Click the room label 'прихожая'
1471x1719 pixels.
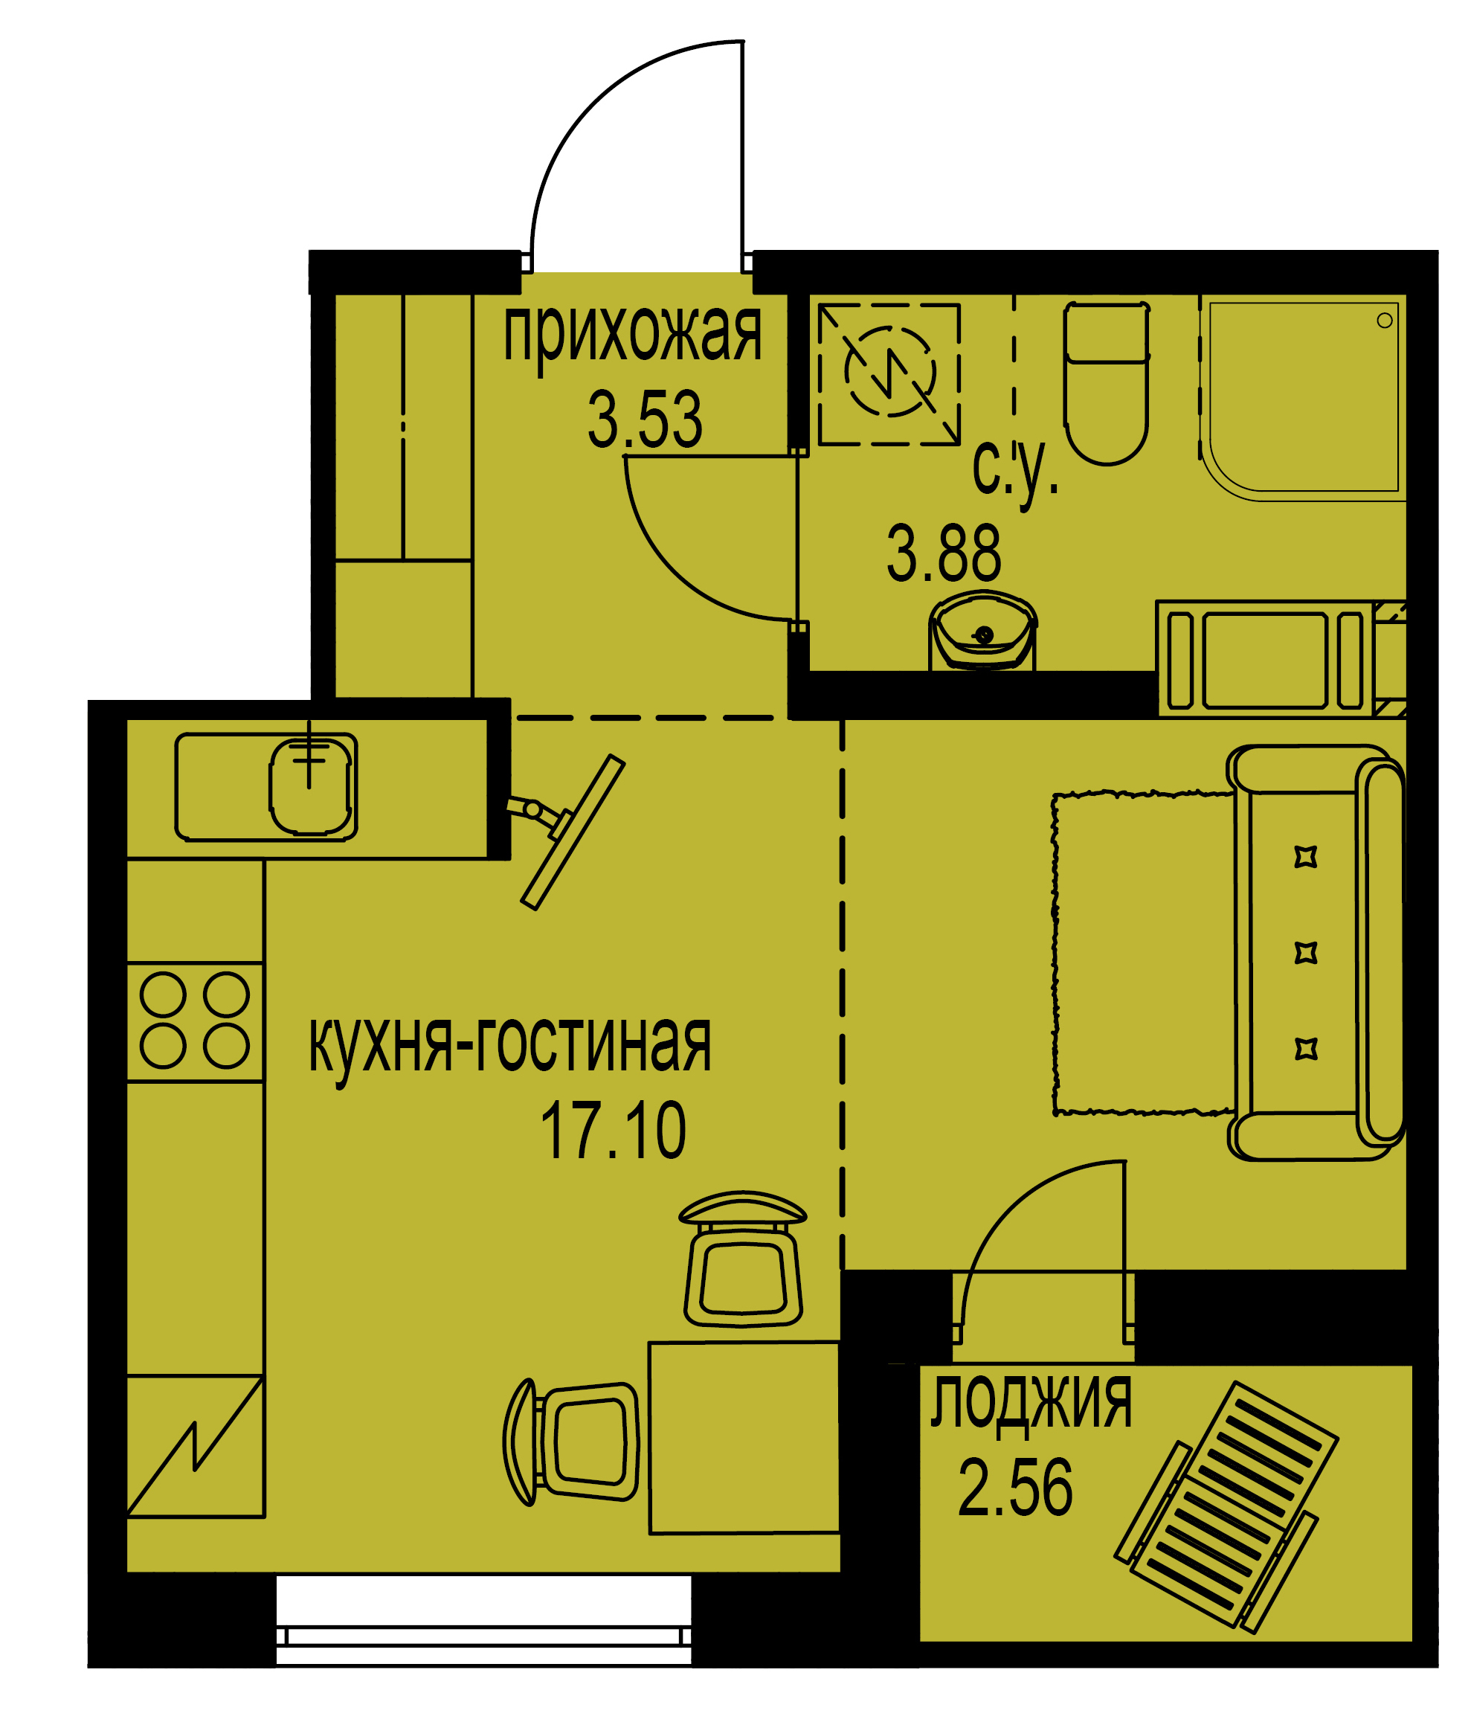click(x=632, y=335)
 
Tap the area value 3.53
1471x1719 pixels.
click(x=645, y=419)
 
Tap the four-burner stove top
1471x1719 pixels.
click(x=195, y=1021)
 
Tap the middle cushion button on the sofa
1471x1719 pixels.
click(x=1306, y=952)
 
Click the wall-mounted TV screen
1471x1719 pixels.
click(x=573, y=832)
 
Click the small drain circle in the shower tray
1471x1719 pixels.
click(x=1385, y=321)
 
